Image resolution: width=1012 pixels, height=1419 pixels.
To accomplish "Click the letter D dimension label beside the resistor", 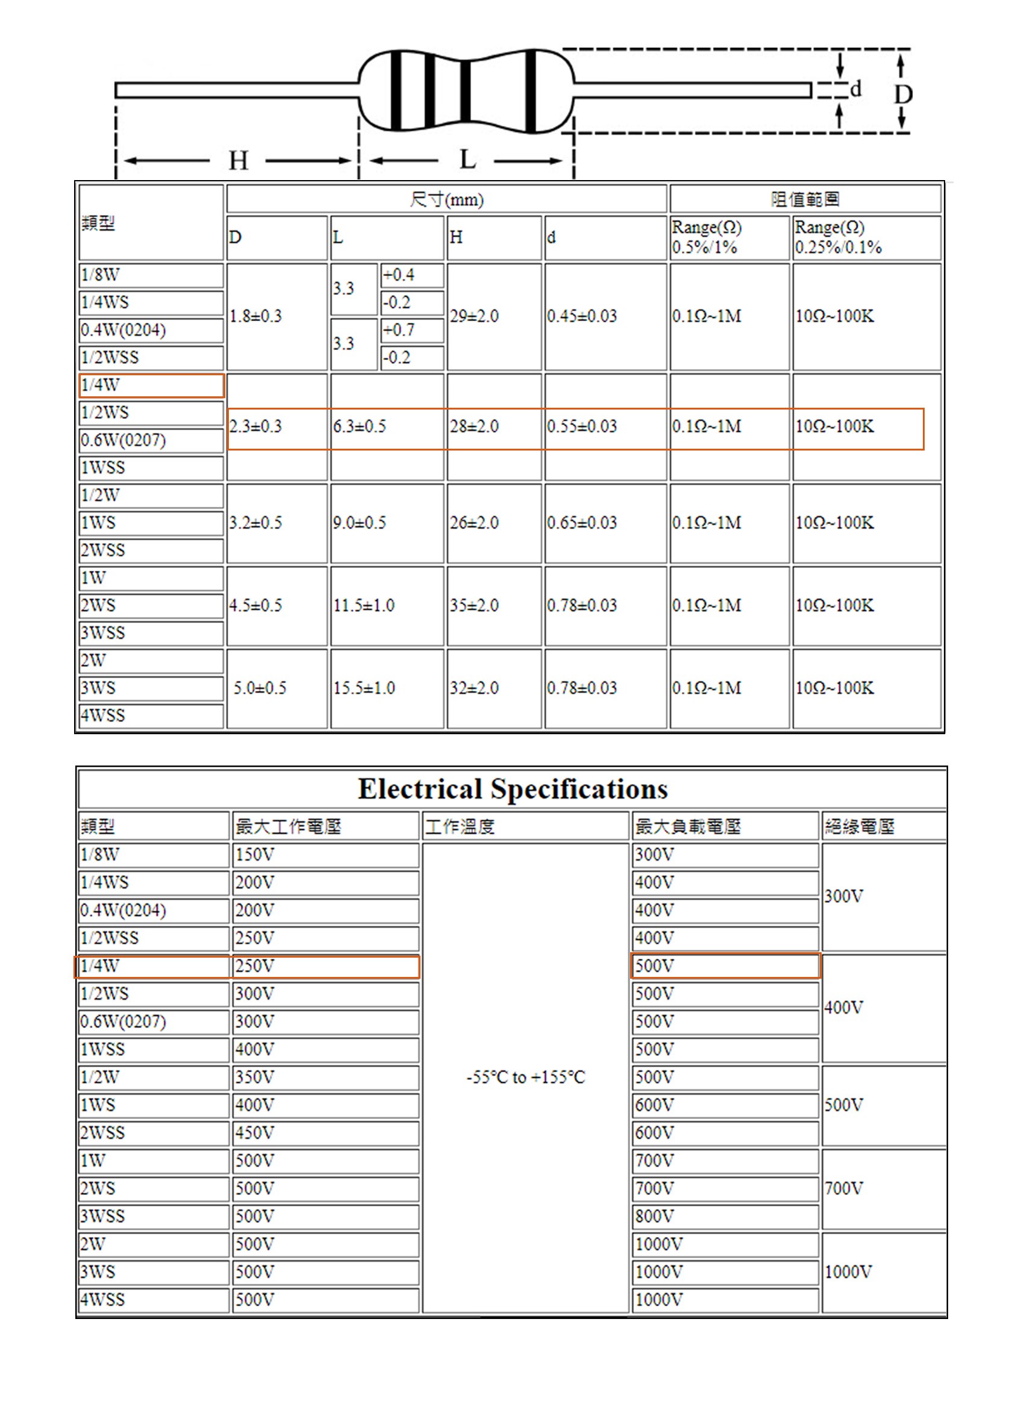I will click(903, 94).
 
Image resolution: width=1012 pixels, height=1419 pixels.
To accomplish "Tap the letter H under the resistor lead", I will click(238, 161).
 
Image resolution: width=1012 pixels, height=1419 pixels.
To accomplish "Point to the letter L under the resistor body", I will click(467, 160).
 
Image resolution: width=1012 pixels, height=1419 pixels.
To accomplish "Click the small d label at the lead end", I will click(856, 89).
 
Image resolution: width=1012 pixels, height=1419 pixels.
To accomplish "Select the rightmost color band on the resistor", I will click(531, 91).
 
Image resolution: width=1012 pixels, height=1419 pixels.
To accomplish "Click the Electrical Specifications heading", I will click(512, 789).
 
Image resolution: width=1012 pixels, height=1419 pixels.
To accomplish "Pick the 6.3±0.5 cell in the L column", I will click(360, 426).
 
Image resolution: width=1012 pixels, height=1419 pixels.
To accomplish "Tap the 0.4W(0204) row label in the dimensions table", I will click(123, 330).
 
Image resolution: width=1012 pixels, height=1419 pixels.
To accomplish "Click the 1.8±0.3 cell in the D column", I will click(255, 316).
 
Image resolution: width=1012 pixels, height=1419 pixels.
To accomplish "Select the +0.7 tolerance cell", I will click(399, 330).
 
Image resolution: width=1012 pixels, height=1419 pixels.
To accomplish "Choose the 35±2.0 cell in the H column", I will click(474, 605).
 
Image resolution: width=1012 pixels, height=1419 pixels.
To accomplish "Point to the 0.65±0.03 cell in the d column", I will click(582, 523).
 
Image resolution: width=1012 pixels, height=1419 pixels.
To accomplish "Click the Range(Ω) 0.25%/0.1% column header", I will click(838, 237).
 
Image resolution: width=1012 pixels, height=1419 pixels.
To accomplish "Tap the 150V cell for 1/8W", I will click(255, 855).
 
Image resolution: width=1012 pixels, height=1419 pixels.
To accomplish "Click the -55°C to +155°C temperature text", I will click(525, 1078).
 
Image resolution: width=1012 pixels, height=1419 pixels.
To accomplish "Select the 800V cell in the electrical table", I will click(654, 1216).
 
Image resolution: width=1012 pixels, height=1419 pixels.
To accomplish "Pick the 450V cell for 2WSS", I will click(255, 1132).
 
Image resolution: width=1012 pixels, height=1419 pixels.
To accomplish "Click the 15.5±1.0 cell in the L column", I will click(364, 688).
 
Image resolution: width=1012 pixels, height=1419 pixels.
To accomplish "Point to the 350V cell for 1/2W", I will click(255, 1077).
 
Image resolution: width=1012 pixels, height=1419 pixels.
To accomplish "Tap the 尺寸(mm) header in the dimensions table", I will click(446, 200).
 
